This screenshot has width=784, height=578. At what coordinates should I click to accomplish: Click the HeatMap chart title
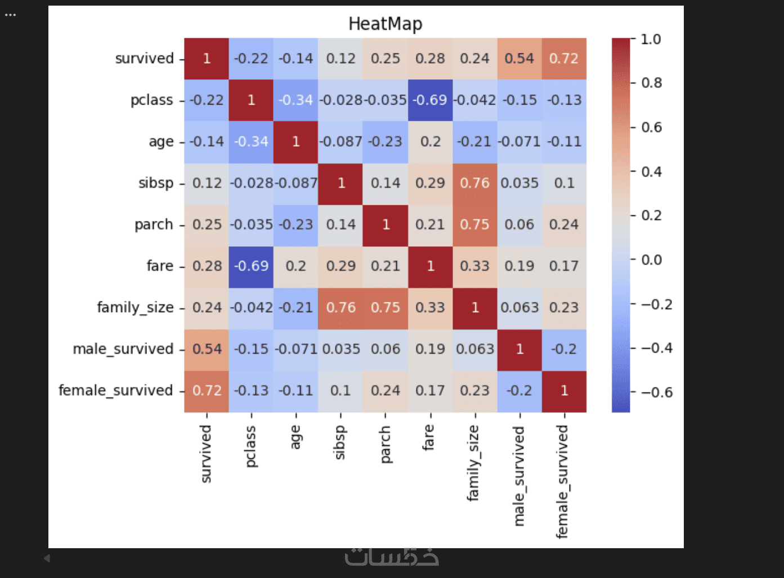[385, 24]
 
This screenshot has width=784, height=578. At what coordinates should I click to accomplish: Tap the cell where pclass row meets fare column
[430, 100]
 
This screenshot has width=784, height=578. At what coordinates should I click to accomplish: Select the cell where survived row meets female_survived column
[564, 58]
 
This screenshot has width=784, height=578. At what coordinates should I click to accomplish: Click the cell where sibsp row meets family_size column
[474, 183]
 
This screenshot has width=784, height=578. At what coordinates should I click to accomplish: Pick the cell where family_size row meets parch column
[386, 308]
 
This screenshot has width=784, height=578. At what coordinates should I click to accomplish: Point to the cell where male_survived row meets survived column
[207, 349]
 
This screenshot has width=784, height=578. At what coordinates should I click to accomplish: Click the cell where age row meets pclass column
[251, 142]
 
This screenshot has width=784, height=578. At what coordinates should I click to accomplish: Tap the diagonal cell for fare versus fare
[430, 266]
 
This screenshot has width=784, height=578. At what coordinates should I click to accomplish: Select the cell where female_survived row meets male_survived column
[519, 391]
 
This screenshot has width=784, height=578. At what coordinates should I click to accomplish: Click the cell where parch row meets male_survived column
[519, 224]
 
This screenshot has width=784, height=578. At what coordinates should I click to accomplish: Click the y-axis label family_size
[135, 308]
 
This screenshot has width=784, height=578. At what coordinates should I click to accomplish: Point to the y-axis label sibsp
[156, 183]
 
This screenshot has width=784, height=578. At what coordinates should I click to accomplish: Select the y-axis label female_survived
[116, 391]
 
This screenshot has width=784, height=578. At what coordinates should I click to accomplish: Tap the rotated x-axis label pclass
[250, 446]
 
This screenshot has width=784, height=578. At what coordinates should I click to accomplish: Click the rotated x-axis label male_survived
[519, 476]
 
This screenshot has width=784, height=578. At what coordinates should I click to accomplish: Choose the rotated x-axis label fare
[428, 437]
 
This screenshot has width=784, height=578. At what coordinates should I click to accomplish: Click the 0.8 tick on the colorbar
[651, 83]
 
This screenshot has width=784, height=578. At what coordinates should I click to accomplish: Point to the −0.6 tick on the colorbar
[656, 392]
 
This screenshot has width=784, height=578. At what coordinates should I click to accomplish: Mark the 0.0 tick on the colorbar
[651, 260]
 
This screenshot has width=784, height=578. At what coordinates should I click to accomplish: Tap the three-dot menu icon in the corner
[11, 15]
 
